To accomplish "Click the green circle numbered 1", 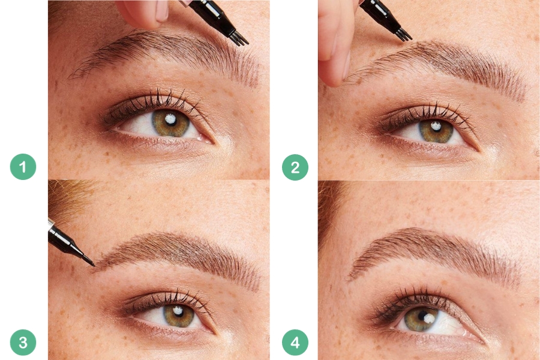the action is click(23, 167).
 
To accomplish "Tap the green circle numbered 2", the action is click(295, 167).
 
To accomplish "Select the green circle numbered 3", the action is click(23, 343).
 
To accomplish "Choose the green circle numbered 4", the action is click(295, 343).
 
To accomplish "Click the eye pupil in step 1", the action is click(170, 121).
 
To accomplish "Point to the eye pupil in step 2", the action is click(436, 128).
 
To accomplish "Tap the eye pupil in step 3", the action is click(178, 313).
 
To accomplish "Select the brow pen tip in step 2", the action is click(404, 34).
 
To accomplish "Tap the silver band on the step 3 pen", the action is click(51, 224).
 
